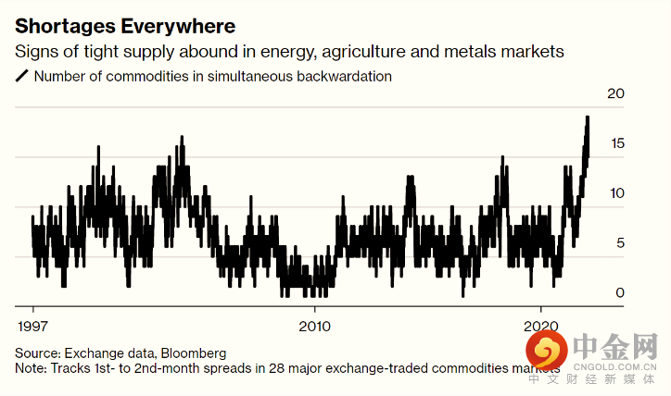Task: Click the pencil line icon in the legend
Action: tap(22, 77)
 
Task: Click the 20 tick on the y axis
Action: tap(614, 93)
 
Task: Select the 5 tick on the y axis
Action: tap(619, 243)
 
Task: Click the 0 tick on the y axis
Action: tap(619, 293)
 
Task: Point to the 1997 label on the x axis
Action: tap(34, 327)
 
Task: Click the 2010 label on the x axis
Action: tap(315, 327)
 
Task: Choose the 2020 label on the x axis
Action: tap(541, 327)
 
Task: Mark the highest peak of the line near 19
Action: tap(588, 118)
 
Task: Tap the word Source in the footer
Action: tap(37, 353)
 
